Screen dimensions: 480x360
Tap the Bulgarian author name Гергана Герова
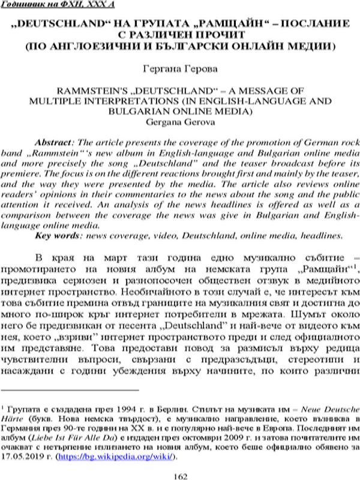coord(180,70)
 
